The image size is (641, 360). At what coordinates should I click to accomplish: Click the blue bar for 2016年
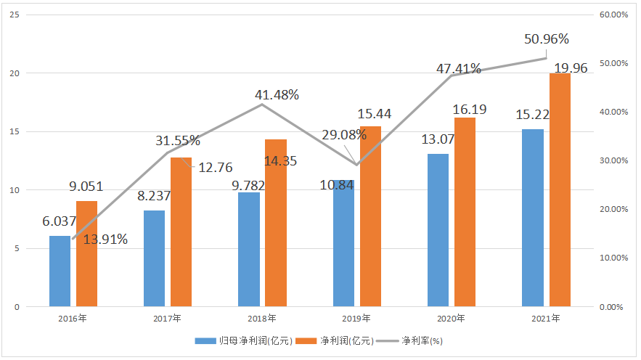click(x=60, y=271)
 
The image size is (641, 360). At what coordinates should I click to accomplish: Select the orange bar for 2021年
click(x=560, y=189)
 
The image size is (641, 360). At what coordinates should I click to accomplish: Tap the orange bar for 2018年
click(x=276, y=222)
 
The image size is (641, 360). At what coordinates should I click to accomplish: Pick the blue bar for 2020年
click(x=438, y=230)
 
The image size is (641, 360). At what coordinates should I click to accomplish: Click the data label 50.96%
click(x=547, y=39)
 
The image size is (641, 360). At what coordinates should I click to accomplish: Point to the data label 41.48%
click(x=277, y=95)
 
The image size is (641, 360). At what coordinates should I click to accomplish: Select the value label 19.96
click(x=571, y=69)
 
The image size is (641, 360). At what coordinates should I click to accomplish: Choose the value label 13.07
click(x=438, y=139)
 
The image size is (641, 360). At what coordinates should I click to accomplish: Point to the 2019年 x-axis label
click(x=356, y=319)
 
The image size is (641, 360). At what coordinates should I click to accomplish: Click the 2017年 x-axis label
click(x=167, y=319)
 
